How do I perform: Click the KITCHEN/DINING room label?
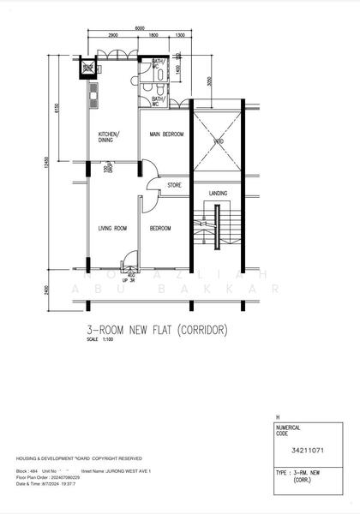(x=109, y=137)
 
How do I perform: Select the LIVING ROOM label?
(x=112, y=228)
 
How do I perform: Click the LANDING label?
(x=219, y=194)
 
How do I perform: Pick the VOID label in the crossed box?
(x=219, y=141)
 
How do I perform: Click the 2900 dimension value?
(x=112, y=36)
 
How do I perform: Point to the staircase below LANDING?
(x=218, y=236)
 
